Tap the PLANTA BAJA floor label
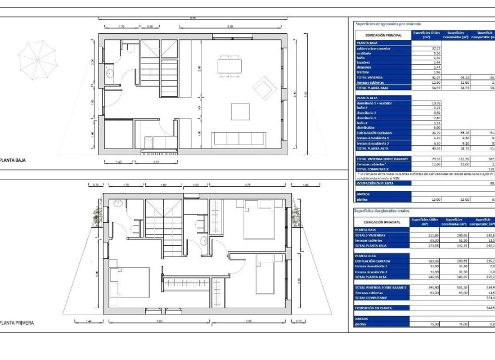click(x=13, y=160)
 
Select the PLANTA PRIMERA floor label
click(x=17, y=323)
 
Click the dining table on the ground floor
click(x=229, y=66)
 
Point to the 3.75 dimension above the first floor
click(x=247, y=185)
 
